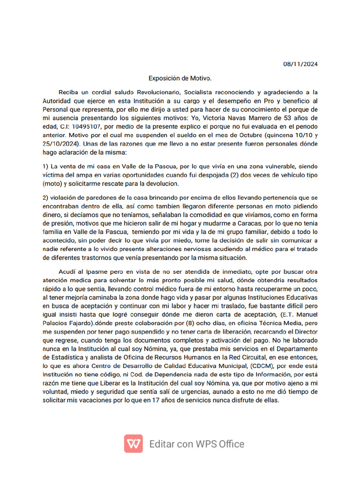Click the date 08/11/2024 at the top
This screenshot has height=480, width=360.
[x=301, y=64]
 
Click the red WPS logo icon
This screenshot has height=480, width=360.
[x=134, y=443]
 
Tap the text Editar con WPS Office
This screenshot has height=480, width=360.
[x=197, y=444]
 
